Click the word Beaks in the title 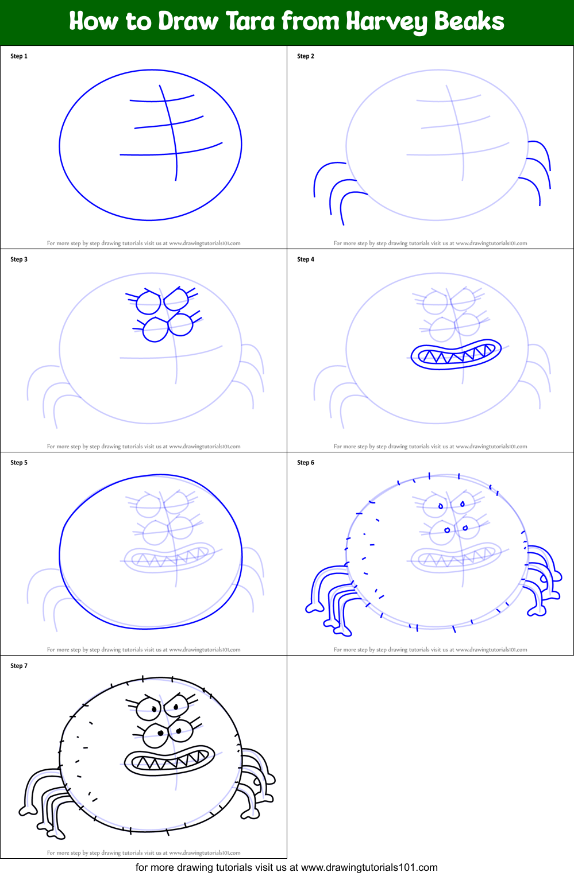point(469,21)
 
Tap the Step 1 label point(19,56)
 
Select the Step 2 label point(306,56)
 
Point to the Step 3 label point(19,259)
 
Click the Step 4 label point(306,259)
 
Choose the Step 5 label point(19,463)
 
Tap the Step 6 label point(306,463)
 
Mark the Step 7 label point(19,666)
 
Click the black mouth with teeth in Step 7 point(169,761)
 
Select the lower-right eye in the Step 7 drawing point(181,730)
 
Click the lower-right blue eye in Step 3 point(181,324)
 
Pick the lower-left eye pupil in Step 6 point(447,530)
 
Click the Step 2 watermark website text point(491,243)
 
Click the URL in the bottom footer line point(369,867)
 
